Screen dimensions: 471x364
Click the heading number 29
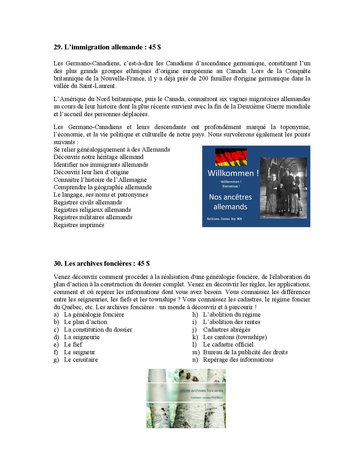point(58,47)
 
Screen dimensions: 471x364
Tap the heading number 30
point(58,263)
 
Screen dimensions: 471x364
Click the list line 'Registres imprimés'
point(79,225)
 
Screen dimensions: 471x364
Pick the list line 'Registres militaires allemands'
point(93,217)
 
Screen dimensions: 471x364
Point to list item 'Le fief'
point(73,345)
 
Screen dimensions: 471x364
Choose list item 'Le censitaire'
point(81,360)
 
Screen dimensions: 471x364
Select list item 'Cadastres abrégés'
point(227,330)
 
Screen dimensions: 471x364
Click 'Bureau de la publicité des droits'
point(245,352)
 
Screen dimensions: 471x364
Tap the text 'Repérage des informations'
point(238,360)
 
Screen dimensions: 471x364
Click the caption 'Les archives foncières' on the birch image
point(204,391)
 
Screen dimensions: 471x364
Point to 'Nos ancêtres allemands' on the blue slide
point(230,202)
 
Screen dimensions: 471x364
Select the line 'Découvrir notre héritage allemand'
point(98,157)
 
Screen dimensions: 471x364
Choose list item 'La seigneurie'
point(82,337)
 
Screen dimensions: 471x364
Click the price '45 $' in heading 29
point(155,47)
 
